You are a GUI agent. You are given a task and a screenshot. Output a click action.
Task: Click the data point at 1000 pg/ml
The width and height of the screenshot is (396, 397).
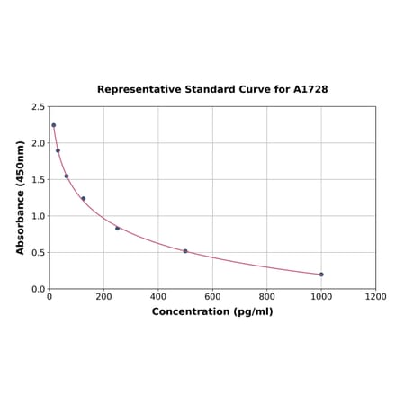(x=321, y=275)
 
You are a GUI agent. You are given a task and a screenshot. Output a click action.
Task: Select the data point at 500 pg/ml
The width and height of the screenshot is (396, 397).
(x=185, y=251)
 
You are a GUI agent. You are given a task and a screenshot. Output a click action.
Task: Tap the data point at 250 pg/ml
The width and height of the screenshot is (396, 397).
(x=117, y=228)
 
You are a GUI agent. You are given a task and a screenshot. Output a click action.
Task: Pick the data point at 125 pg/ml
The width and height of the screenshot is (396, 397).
(x=84, y=199)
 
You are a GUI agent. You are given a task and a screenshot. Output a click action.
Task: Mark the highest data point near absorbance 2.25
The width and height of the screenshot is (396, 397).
(x=53, y=125)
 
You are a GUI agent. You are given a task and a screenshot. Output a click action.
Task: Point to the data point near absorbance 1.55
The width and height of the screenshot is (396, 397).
(x=67, y=176)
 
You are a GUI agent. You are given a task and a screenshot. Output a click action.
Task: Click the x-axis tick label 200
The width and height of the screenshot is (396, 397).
(x=103, y=296)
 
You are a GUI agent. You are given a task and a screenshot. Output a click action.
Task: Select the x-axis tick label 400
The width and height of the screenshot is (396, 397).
(x=158, y=296)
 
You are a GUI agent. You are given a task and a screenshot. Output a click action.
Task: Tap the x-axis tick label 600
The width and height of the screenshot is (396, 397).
(x=212, y=296)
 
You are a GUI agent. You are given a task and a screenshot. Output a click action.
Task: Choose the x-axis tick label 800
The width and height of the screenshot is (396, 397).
(x=267, y=296)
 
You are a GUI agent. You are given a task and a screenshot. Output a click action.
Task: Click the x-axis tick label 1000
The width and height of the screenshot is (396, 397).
(x=321, y=296)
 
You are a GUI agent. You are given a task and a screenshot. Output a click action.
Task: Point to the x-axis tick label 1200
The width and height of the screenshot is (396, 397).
(x=375, y=296)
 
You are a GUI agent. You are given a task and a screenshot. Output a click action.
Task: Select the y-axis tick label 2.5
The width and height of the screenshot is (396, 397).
(x=39, y=107)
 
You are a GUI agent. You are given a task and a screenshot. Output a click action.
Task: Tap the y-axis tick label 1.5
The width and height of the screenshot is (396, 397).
(x=39, y=180)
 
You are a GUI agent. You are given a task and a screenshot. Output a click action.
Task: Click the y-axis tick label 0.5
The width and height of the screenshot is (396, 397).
(x=39, y=253)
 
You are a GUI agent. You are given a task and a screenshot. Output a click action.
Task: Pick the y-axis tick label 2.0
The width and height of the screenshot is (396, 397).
(x=39, y=143)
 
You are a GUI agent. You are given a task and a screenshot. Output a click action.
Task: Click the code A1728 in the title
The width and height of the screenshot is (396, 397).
(x=311, y=90)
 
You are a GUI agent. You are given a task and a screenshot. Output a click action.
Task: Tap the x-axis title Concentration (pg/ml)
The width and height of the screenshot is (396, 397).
(x=212, y=312)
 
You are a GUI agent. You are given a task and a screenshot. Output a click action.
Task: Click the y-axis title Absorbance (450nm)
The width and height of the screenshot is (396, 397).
(x=21, y=197)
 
